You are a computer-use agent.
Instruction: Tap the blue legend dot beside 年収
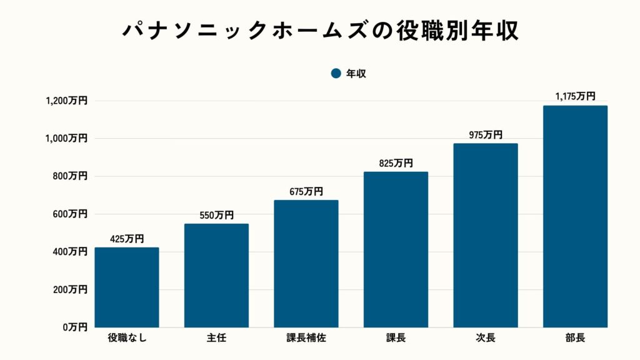336,74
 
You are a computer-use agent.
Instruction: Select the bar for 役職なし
127,287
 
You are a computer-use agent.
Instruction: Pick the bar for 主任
216,276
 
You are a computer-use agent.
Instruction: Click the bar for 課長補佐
306,264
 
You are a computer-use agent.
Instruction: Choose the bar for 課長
396,249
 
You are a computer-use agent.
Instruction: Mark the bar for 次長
486,236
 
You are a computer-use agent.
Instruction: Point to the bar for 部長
575,216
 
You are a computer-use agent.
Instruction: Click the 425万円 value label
127,239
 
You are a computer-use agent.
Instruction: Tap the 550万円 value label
216,215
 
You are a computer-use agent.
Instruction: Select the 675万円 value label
306,192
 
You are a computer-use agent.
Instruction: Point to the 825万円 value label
396,163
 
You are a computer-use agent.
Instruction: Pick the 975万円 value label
486,135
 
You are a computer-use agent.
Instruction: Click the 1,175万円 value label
575,97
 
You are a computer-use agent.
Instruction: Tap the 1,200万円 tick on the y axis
66,101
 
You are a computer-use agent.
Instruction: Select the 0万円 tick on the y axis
74,327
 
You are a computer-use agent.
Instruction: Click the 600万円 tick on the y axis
70,214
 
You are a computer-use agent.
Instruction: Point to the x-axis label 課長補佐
306,339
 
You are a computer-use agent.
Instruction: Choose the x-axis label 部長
575,339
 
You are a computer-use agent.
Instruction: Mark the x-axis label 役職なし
127,339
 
